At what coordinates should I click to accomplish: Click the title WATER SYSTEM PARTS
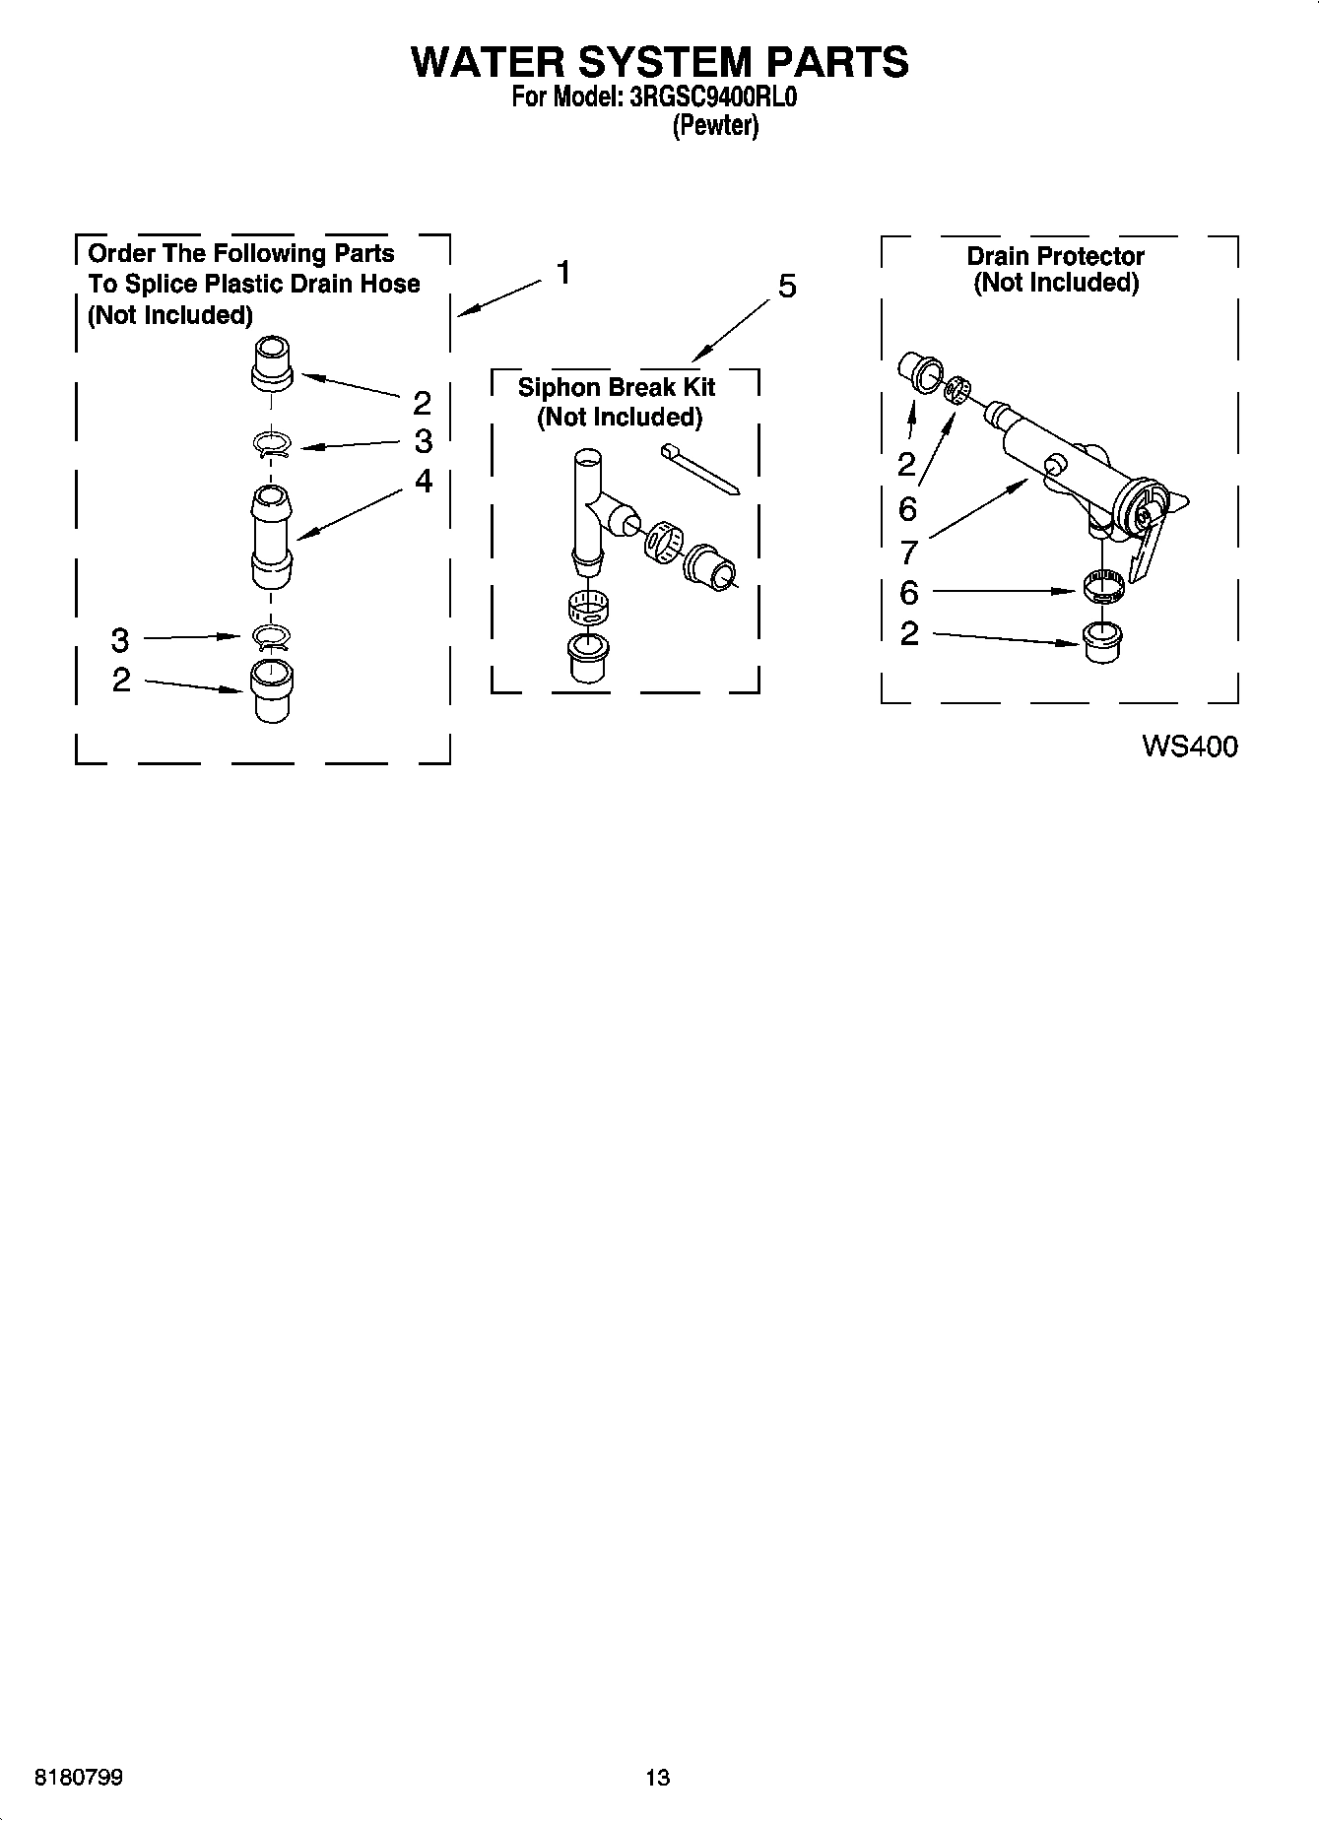pyautogui.click(x=659, y=61)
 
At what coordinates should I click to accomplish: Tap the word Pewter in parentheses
pyautogui.click(x=715, y=126)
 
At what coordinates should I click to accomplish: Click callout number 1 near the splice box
pyautogui.click(x=562, y=272)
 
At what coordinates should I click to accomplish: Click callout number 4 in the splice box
pyautogui.click(x=423, y=481)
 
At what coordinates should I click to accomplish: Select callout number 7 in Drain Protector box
pyautogui.click(x=908, y=552)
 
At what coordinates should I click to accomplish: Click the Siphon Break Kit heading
pyautogui.click(x=617, y=387)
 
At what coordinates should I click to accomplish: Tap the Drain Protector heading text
pyautogui.click(x=1055, y=256)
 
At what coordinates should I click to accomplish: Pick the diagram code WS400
pyautogui.click(x=1189, y=747)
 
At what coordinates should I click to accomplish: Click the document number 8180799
pyautogui.click(x=78, y=1778)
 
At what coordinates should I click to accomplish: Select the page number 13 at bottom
pyautogui.click(x=657, y=1778)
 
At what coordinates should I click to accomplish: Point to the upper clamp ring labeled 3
pyautogui.click(x=272, y=445)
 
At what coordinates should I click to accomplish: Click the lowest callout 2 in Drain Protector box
pyautogui.click(x=909, y=633)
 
